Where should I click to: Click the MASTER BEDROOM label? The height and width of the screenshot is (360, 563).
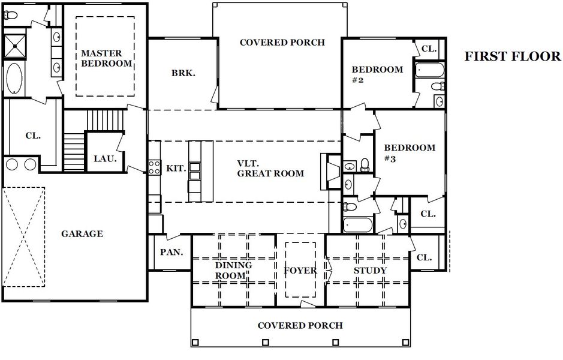[106, 58]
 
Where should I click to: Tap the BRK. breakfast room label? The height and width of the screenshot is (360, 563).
[183, 73]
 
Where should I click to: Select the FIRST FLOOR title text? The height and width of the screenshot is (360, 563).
[513, 56]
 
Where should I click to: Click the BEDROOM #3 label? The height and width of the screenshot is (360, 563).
[410, 153]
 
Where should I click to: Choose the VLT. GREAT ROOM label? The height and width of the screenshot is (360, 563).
[270, 168]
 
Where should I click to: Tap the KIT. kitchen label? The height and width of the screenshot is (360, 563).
[176, 169]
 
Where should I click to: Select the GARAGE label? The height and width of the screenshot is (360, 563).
[82, 233]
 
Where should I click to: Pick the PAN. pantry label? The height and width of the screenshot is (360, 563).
[171, 252]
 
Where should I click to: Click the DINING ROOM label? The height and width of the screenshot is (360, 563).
[233, 270]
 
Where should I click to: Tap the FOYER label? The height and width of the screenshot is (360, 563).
[300, 271]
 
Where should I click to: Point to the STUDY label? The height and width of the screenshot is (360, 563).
[370, 271]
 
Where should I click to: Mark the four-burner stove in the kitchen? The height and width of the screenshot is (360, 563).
[154, 166]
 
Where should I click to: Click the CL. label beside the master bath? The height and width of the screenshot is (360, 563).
[33, 136]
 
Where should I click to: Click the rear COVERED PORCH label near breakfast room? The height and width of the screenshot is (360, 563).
[282, 42]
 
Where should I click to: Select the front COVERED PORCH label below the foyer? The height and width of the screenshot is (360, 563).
[300, 325]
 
